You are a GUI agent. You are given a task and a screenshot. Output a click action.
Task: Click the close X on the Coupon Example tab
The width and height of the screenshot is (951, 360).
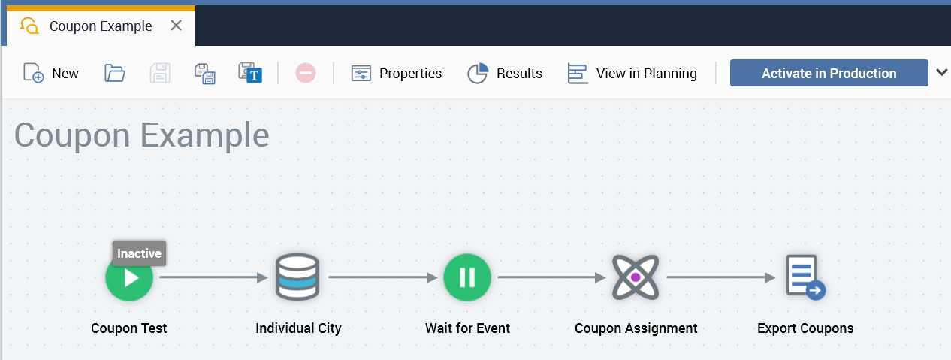[x=176, y=26]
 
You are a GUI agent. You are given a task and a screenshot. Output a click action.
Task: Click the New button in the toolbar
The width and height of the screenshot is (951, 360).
[x=51, y=73]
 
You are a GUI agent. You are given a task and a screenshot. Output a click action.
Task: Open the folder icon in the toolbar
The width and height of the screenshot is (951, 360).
[x=114, y=73]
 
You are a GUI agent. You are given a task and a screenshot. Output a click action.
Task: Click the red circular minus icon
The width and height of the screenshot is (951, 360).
[x=305, y=73]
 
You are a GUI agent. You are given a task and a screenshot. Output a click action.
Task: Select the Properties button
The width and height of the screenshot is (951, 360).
[x=397, y=73]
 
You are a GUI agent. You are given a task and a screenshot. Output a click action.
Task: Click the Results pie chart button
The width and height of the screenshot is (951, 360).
[x=505, y=73]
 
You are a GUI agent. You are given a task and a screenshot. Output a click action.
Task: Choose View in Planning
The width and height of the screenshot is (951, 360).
[x=632, y=73]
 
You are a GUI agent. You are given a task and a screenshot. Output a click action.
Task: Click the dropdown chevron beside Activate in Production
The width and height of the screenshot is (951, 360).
[x=942, y=72]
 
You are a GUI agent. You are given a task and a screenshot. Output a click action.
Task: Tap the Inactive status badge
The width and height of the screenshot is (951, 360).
[x=139, y=253]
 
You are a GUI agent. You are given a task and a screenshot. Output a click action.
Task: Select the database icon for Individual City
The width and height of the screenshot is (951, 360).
[x=297, y=277]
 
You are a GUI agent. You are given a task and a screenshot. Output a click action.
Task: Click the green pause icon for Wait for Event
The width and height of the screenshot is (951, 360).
[x=467, y=277]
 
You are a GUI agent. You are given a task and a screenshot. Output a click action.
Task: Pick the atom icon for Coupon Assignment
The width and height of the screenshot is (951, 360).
[x=636, y=277]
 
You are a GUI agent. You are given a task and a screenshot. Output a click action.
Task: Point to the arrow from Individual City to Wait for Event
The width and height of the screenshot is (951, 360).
[x=382, y=277]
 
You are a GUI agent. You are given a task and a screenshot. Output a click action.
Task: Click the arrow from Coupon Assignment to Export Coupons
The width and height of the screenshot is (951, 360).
[x=720, y=277]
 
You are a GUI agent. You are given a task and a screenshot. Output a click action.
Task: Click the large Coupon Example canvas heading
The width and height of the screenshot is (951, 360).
[x=142, y=135]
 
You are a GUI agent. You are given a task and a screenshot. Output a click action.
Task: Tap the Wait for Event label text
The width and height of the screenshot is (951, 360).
[x=467, y=328]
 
